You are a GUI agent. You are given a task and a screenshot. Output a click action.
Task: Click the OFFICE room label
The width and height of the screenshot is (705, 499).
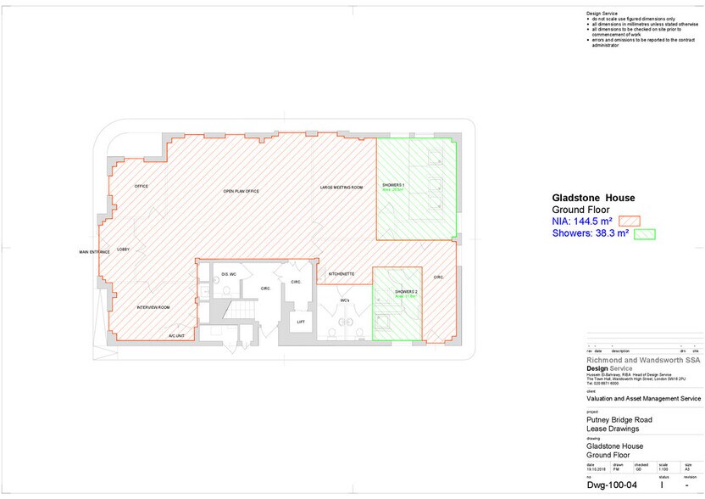(142, 186)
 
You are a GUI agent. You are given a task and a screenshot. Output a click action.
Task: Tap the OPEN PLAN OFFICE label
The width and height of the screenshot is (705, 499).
(241, 192)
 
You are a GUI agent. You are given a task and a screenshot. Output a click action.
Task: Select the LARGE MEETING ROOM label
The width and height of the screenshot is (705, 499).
(341, 187)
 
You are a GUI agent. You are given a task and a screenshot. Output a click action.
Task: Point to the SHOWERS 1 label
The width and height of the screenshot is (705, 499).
(393, 184)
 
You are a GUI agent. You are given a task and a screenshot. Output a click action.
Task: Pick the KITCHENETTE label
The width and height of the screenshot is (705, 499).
(341, 274)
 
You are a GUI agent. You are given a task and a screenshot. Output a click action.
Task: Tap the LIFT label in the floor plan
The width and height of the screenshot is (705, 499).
(301, 322)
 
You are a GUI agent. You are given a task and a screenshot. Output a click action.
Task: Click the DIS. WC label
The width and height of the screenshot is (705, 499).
(228, 275)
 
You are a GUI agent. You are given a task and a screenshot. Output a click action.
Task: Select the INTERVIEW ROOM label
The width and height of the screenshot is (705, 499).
(153, 307)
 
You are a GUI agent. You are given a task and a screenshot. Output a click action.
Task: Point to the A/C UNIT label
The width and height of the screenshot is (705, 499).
(176, 336)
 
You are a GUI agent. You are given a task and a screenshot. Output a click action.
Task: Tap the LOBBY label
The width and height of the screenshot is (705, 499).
(123, 249)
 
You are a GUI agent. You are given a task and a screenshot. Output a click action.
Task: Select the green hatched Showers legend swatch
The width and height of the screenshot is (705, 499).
(645, 233)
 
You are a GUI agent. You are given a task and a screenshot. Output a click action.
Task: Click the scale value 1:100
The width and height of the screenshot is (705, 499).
(663, 468)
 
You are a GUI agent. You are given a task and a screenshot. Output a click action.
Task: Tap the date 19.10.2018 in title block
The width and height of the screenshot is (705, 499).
(597, 468)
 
